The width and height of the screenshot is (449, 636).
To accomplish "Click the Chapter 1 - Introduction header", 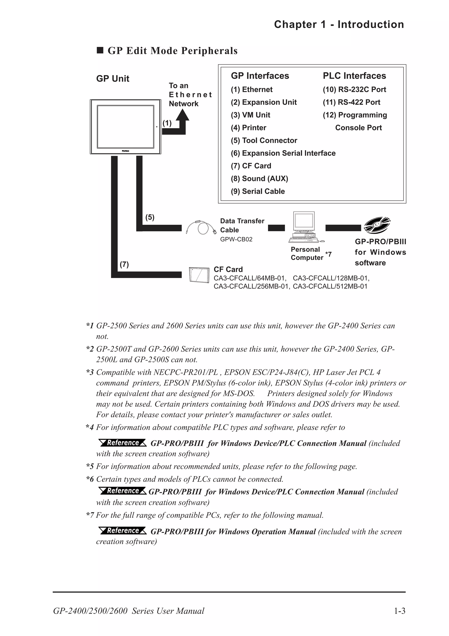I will click(339, 24).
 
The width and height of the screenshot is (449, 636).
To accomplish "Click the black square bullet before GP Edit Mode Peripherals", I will click(100, 50).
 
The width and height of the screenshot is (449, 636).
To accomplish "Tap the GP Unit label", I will click(113, 79).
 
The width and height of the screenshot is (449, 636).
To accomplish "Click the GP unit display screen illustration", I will click(125, 127).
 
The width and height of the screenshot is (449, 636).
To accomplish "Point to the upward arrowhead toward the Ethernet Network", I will click(182, 115).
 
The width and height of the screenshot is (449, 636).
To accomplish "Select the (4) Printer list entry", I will click(248, 128).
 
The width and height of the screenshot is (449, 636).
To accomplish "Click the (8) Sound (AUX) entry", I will click(259, 179).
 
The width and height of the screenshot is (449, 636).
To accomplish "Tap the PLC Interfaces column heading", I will click(354, 76).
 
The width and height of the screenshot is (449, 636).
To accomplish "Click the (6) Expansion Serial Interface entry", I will click(283, 153).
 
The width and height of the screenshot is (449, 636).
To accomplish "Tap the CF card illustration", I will click(199, 275).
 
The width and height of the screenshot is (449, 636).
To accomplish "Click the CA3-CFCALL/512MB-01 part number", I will click(330, 286).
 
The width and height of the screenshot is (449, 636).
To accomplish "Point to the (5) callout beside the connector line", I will click(150, 217).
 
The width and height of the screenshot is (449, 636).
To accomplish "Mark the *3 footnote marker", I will click(90, 372).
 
